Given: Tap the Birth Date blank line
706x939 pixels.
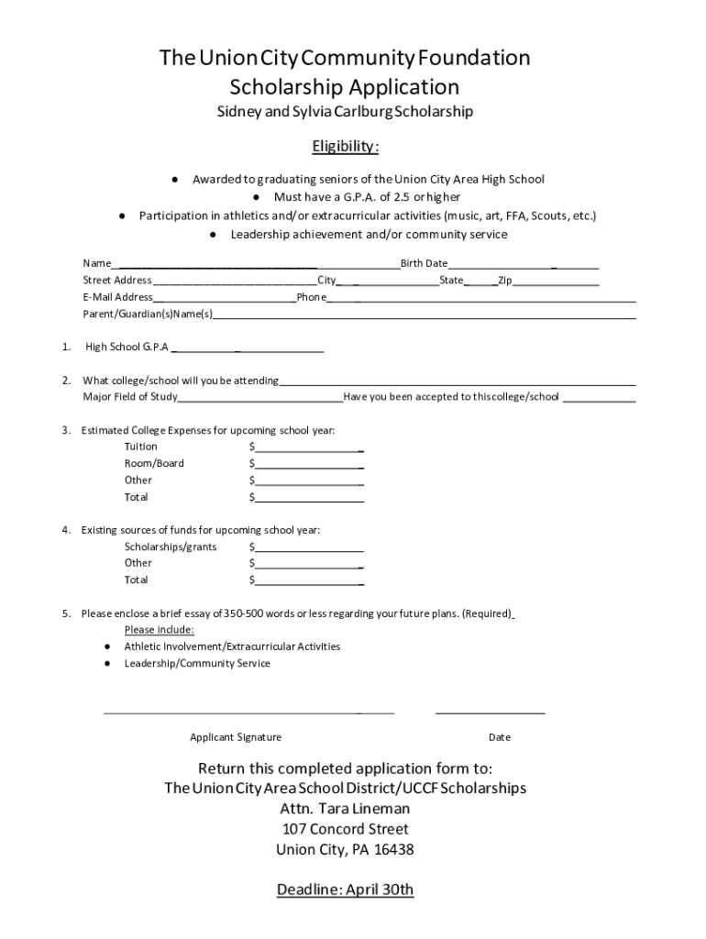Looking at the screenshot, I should point(523,267).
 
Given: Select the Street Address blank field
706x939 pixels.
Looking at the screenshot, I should point(235,283).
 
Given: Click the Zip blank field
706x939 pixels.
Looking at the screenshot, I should point(556,283).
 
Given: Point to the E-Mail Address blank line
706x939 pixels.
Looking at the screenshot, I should point(225,300).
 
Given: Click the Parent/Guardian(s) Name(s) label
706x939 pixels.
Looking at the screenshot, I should point(148,315).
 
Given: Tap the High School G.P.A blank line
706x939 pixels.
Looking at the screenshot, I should point(248,350).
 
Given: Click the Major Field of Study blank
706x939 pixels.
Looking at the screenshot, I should point(260,400).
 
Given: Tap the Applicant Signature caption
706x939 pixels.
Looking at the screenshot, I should point(236,737).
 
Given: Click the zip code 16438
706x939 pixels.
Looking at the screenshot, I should point(393,849).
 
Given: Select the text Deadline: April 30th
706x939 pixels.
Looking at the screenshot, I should point(346,889).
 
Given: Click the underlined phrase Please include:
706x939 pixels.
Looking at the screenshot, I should point(159,630).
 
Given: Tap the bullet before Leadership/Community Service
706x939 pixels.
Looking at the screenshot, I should point(109,663).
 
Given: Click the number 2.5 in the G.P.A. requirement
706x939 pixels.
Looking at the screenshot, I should point(400,197).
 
